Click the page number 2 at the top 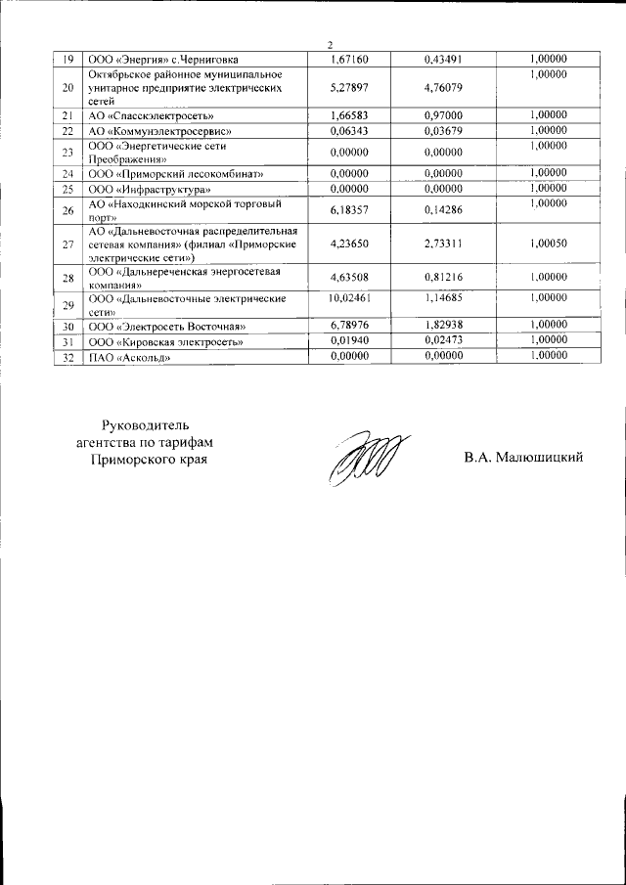coord(330,45)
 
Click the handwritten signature coord(362,456)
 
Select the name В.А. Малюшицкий coord(523,458)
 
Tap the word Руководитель coord(150,423)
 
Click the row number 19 coord(67,59)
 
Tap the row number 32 coord(67,357)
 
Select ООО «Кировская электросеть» coord(165,341)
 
